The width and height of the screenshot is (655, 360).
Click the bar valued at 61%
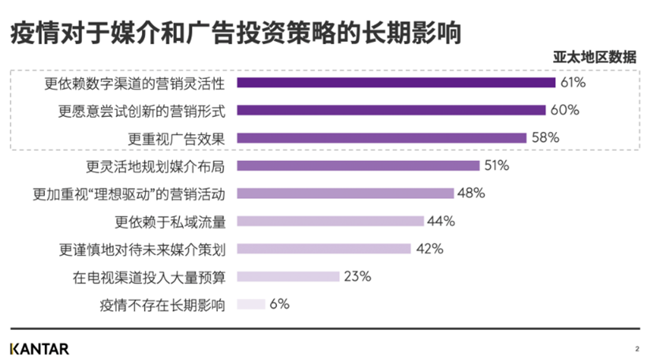tap(396, 83)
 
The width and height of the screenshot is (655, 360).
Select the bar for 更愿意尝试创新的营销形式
tap(391, 111)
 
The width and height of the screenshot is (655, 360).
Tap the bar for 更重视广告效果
tap(381, 138)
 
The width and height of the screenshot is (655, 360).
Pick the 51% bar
tap(358, 166)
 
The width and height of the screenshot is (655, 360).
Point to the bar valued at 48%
tap(346, 193)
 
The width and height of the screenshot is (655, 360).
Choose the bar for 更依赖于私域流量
tap(331, 221)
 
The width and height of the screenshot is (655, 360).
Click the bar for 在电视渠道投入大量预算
tap(288, 276)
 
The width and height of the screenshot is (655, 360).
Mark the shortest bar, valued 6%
tap(251, 304)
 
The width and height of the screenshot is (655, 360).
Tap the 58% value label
tap(546, 137)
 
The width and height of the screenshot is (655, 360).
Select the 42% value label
tap(429, 249)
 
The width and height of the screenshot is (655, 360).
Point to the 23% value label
tap(358, 276)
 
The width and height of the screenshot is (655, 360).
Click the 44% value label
tap(442, 221)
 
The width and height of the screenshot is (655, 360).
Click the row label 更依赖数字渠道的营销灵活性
tap(135, 83)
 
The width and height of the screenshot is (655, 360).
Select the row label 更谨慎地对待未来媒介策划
tap(142, 249)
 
